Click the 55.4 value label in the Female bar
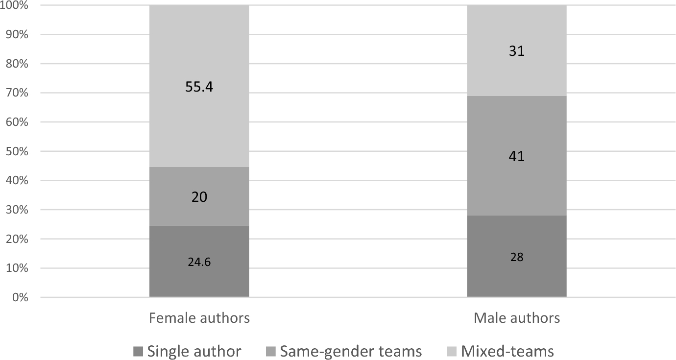tap(199, 87)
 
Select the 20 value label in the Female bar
tap(199, 197)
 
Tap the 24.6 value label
tap(199, 262)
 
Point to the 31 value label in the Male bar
tap(517, 51)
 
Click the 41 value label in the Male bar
tap(517, 157)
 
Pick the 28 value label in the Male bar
tap(517, 258)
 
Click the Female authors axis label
tap(199, 318)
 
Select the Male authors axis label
tap(517, 318)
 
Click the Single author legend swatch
tap(138, 352)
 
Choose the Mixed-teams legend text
tap(507, 351)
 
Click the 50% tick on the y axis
tap(17, 152)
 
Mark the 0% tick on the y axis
tap(19, 297)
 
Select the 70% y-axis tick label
tap(17, 93)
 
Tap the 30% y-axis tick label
tap(17, 210)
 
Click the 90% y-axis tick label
tap(17, 35)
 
